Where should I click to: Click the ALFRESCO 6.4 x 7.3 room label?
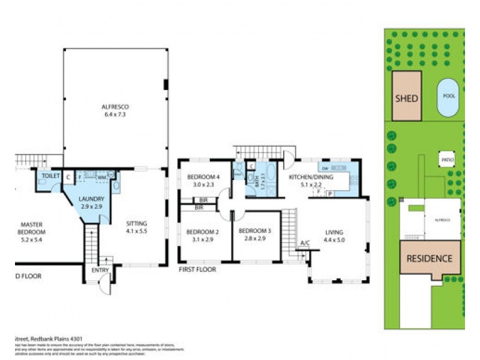(x=115, y=110)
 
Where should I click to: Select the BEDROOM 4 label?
(x=202, y=181)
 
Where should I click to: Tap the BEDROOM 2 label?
(x=201, y=235)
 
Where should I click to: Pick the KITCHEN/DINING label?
(x=310, y=181)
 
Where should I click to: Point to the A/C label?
(x=305, y=243)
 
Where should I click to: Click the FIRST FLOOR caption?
(x=197, y=270)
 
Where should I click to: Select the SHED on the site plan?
(x=406, y=98)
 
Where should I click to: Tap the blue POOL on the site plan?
(x=449, y=97)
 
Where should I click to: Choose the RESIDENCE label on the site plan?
(x=429, y=259)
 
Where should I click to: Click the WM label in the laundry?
(x=102, y=177)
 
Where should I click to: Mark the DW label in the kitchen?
(x=324, y=169)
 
